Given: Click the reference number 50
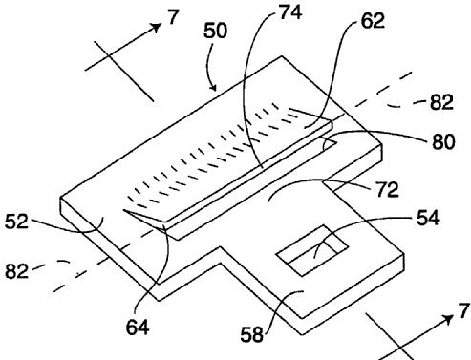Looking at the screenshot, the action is tap(216, 32).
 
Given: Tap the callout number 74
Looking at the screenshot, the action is tap(289, 12).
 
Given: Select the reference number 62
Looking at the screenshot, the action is tap(373, 20).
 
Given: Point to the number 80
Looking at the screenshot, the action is tap(443, 141).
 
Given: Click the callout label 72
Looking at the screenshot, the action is tap(388, 189).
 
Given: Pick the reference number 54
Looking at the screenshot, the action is tap(428, 218).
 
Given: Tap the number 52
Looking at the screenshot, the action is tap(16, 222).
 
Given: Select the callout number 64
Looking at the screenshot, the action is tap(138, 327).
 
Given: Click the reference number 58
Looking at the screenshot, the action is tap(251, 334).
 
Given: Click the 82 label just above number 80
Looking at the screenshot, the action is tap(441, 102).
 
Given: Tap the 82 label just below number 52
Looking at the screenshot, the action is tap(16, 271).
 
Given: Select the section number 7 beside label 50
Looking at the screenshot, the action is tap(173, 17).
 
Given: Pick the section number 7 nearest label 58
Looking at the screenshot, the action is tap(464, 310).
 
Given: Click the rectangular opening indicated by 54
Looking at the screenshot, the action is tap(311, 250).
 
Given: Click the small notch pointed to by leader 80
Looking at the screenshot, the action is tap(330, 142).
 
